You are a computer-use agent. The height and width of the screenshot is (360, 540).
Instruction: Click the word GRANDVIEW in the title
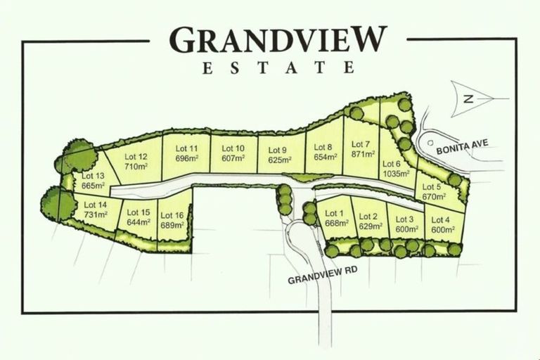(278, 41)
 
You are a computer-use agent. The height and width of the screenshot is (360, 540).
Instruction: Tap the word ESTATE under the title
(278, 69)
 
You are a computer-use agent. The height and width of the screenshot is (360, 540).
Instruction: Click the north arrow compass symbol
(472, 99)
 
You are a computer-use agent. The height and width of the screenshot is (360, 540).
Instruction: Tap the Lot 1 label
(334, 214)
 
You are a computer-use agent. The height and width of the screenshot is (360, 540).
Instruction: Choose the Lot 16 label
(172, 216)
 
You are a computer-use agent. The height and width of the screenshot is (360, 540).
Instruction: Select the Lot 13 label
(94, 176)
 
